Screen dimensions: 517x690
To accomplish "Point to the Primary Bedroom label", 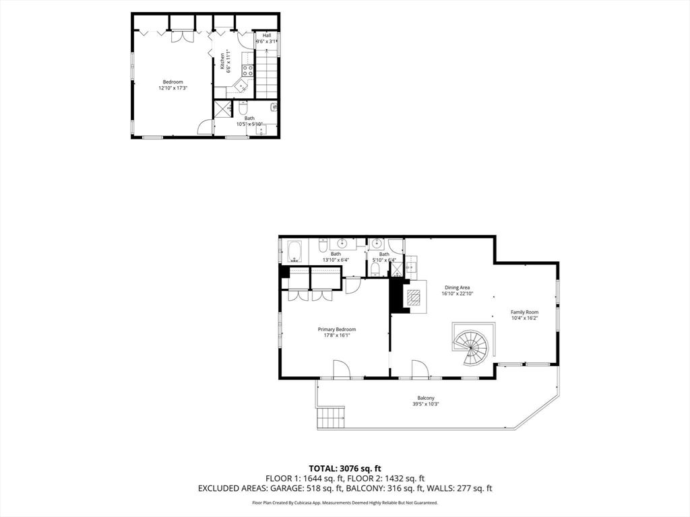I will click(x=337, y=329).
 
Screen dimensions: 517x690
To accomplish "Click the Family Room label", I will click(x=524, y=312).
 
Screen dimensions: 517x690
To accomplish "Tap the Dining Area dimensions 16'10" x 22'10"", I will click(x=457, y=294).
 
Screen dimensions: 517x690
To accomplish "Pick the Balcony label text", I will click(x=425, y=398).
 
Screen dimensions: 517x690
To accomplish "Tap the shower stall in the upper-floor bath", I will click(x=222, y=108).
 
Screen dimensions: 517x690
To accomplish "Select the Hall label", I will click(x=267, y=35).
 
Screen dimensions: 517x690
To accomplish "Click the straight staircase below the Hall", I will click(x=267, y=75).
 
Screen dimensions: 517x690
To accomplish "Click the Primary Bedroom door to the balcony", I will click(x=340, y=370).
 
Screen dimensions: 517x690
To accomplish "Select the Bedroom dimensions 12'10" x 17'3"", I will click(x=172, y=88).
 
